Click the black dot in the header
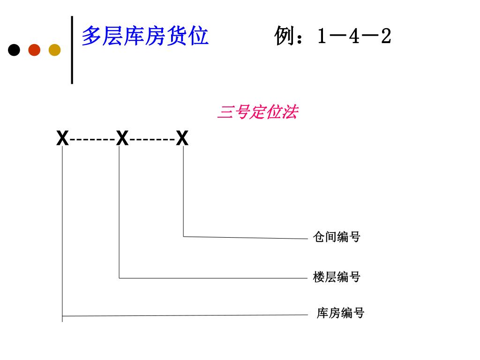(x=14, y=50)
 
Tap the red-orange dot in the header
(x=34, y=50)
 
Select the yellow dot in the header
(x=54, y=50)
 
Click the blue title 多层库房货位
(x=145, y=36)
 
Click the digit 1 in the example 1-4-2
(x=321, y=37)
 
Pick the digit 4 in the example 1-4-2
(x=354, y=37)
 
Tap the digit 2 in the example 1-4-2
(x=386, y=37)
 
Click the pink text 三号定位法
(x=257, y=112)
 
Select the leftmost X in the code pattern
(x=62, y=139)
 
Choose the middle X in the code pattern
(x=122, y=139)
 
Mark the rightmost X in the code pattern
(x=182, y=139)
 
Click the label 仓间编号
(x=336, y=237)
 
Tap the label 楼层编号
(x=336, y=277)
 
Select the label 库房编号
(x=340, y=313)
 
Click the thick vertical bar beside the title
(x=72, y=50)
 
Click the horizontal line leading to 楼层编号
(x=211, y=278)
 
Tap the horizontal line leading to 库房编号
(x=187, y=315)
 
